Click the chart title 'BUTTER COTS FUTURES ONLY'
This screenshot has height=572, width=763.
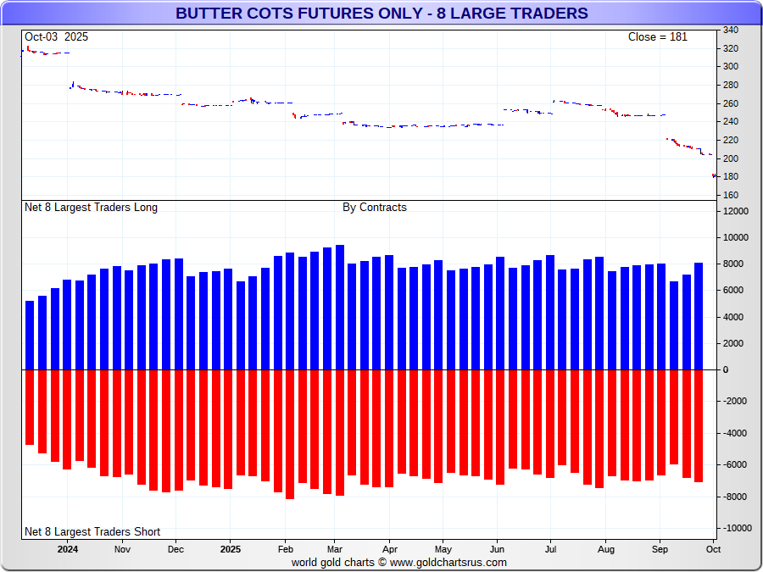point(381,14)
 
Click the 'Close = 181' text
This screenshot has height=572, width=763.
point(657,36)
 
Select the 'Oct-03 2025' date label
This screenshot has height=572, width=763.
point(56,36)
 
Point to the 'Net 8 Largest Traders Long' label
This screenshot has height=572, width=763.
point(91,207)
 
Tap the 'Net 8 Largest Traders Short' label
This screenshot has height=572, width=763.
point(92,531)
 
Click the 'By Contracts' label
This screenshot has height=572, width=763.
point(374,207)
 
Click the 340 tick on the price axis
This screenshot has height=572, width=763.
point(730,30)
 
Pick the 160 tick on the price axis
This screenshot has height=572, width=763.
point(730,195)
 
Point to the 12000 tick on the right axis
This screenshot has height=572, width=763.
point(734,211)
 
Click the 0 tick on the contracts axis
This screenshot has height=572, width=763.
point(725,369)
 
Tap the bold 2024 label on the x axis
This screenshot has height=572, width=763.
point(69,548)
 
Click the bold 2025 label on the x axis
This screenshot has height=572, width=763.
point(231,548)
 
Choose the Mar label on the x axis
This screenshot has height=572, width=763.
point(334,548)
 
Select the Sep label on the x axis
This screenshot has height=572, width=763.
point(660,548)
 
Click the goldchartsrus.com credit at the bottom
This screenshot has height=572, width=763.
point(398,562)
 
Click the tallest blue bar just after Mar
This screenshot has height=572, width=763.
point(340,307)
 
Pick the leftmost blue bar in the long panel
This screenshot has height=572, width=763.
point(30,335)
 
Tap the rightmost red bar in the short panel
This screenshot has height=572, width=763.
point(699,425)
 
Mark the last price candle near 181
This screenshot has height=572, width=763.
point(714,175)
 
